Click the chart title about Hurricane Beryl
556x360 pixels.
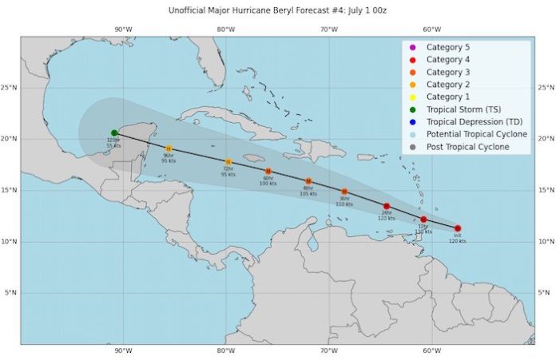[277, 11]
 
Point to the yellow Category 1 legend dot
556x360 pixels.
[412, 97]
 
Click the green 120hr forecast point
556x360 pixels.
[115, 133]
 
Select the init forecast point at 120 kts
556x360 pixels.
[458, 228]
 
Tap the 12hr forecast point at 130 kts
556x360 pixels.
[423, 220]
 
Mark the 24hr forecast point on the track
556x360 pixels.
[387, 206]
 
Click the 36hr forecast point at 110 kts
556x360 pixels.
[344, 192]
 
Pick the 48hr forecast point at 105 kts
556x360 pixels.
[308, 181]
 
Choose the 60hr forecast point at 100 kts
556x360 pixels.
[268, 171]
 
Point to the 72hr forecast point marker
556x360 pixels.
[228, 162]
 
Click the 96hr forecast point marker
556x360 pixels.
[169, 148]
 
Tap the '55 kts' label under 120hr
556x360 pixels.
[113, 145]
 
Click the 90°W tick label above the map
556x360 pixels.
[121, 30]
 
